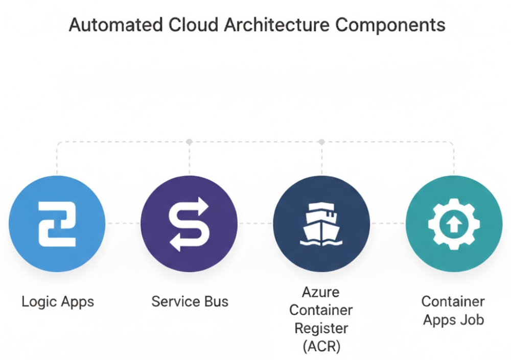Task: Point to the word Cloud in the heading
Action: [x=192, y=25]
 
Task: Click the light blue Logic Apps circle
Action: [x=57, y=224]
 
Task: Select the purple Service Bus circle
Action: [x=189, y=224]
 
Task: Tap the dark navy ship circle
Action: [x=321, y=224]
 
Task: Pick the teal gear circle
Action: [x=454, y=224]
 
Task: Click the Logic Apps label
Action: [x=58, y=301]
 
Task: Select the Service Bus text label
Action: [x=190, y=301]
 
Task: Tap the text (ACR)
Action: [x=321, y=346]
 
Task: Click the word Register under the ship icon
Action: [x=321, y=328]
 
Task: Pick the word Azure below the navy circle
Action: [x=321, y=293]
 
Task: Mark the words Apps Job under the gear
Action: [x=453, y=320]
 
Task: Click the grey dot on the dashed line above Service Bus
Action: [x=189, y=141]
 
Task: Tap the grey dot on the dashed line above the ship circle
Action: [x=321, y=141]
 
